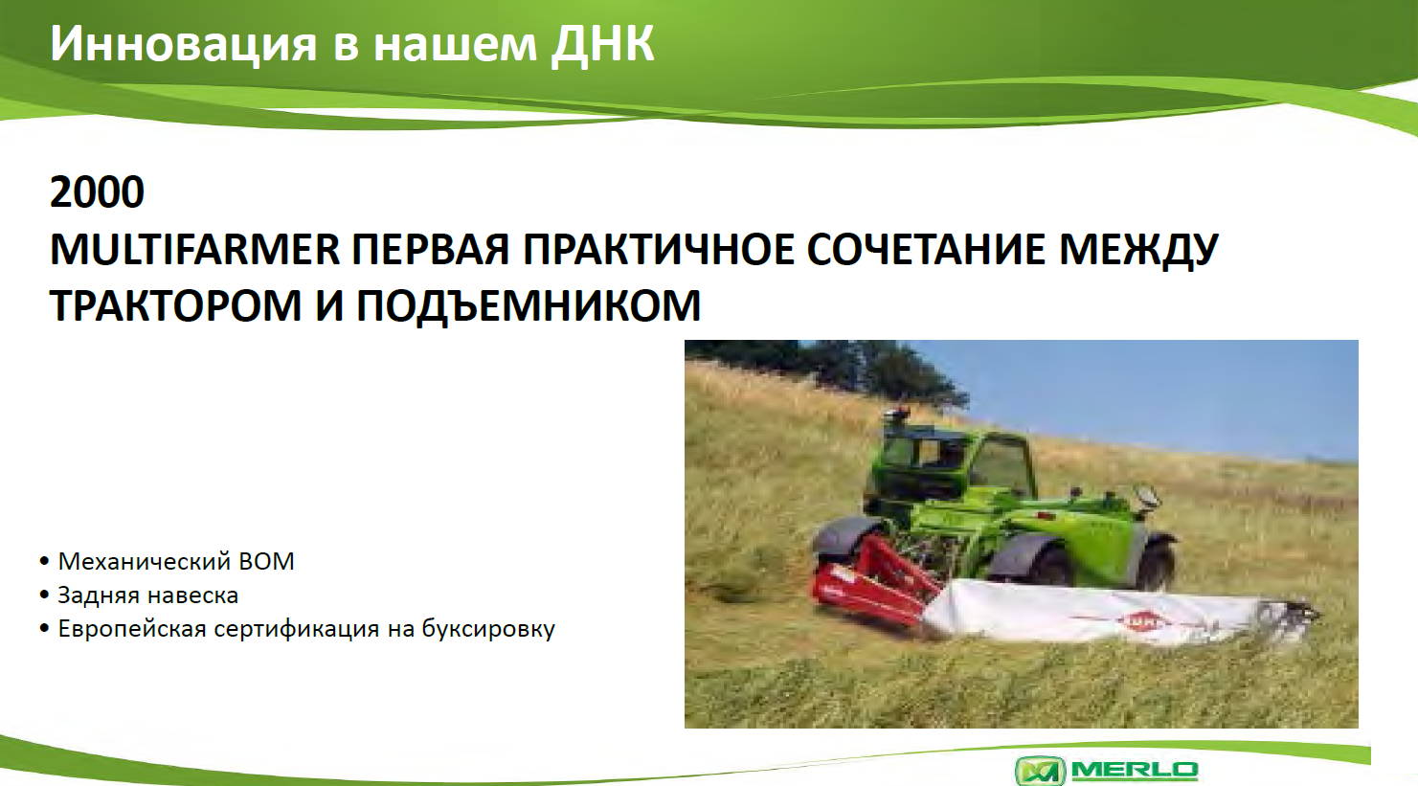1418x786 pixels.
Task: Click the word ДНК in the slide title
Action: pos(602,45)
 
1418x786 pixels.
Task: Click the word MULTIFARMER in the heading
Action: pos(195,249)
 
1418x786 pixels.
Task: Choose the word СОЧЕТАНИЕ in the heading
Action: pos(926,249)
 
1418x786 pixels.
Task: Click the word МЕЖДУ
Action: pos(1138,251)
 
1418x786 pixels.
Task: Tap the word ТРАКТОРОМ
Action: pos(175,305)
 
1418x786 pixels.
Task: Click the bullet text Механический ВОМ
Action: pos(176,561)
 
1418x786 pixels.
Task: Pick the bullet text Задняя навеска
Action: pos(148,595)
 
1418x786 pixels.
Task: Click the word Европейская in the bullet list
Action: pos(132,629)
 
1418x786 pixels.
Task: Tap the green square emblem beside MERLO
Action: pos(1040,771)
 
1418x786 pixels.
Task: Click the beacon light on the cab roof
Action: pos(896,415)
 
